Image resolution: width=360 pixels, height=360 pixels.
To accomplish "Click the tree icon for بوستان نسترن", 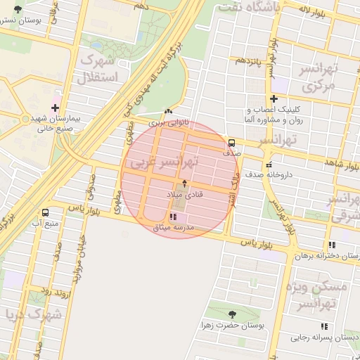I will pyautogui.click(x=18, y=9).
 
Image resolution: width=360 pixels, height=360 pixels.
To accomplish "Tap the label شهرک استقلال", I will pyautogui.click(x=103, y=66).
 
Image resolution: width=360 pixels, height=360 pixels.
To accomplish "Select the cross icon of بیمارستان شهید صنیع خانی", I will pyautogui.click(x=55, y=107).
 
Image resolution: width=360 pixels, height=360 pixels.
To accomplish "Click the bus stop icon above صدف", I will pyautogui.click(x=233, y=141).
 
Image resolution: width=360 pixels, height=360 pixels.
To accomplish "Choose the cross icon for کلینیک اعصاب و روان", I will pyautogui.click(x=274, y=98).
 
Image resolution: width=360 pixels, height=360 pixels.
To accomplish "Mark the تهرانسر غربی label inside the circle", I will pyautogui.click(x=163, y=162).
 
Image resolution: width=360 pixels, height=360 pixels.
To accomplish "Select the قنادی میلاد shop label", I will pyautogui.click(x=184, y=193).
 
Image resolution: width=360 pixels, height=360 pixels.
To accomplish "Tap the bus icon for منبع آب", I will pyautogui.click(x=46, y=212).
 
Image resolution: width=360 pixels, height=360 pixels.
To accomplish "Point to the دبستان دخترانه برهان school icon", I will pyautogui.click(x=332, y=245).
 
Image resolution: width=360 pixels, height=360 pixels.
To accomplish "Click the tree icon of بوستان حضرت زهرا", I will pyautogui.click(x=233, y=314).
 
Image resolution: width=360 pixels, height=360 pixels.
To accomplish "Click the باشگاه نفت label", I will pyautogui.click(x=249, y=7).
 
